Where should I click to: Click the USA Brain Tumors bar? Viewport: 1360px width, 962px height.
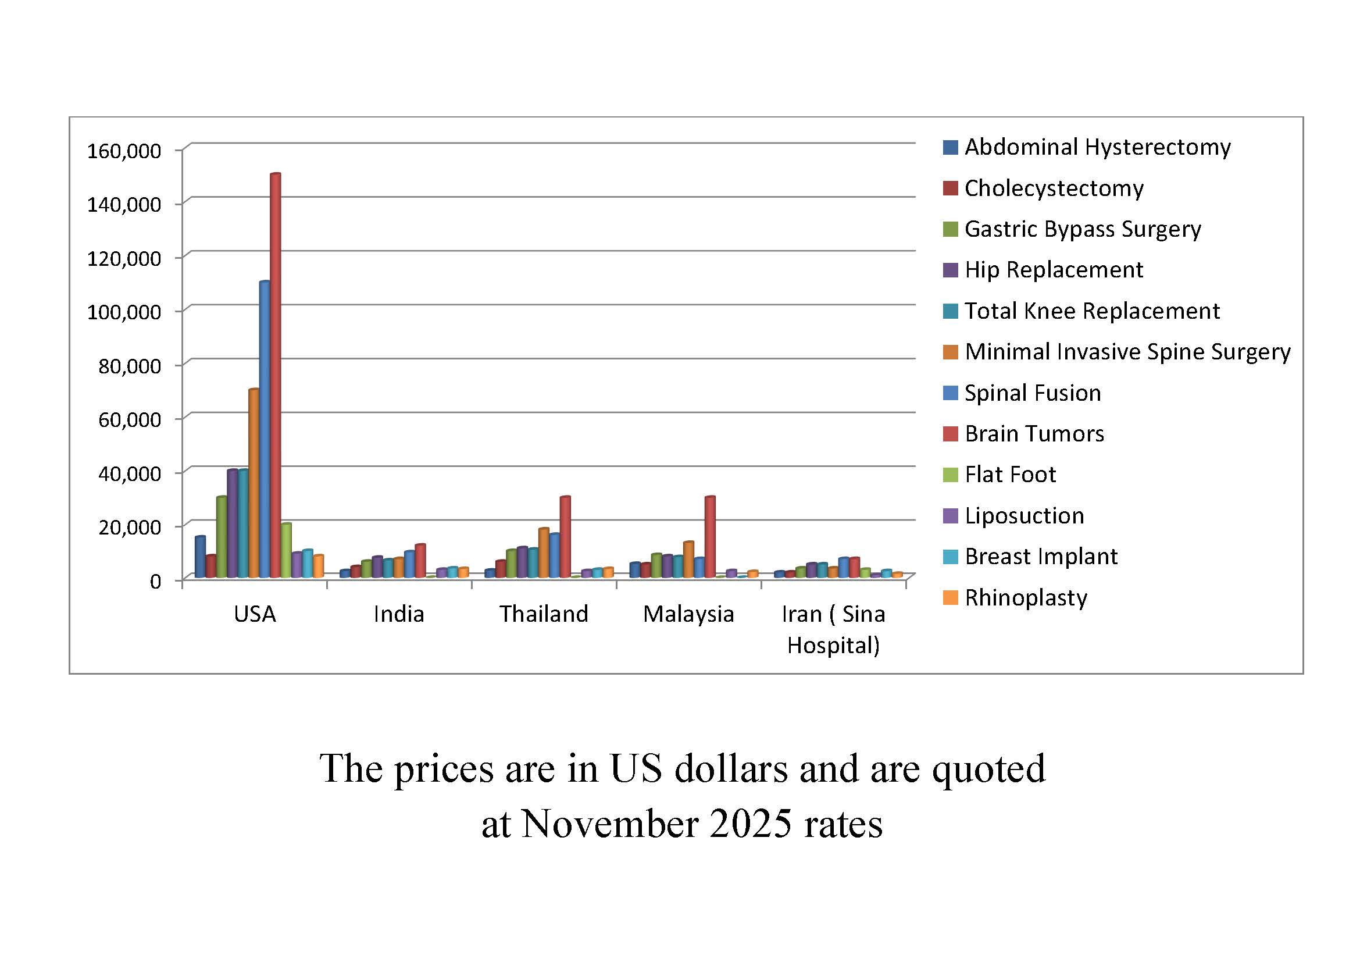pyautogui.click(x=276, y=373)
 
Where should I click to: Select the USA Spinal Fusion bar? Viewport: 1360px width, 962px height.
pyautogui.click(x=265, y=426)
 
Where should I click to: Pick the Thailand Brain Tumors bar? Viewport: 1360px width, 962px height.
pyautogui.click(x=565, y=536)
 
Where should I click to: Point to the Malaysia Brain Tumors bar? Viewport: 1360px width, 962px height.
pyautogui.click(x=709, y=536)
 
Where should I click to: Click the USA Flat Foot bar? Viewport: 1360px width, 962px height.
pyautogui.click(x=286, y=549)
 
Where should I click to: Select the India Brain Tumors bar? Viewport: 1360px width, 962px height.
pyautogui.click(x=420, y=560)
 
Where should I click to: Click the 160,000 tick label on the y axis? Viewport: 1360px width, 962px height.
pyautogui.click(x=124, y=151)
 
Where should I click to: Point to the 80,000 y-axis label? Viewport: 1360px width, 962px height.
pyautogui.click(x=130, y=366)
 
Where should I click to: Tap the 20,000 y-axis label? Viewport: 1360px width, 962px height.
pyautogui.click(x=130, y=527)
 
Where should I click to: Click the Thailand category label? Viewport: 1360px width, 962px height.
pyautogui.click(x=544, y=614)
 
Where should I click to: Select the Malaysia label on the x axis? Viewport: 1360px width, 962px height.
pyautogui.click(x=688, y=614)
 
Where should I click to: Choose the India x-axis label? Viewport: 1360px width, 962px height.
pyautogui.click(x=399, y=614)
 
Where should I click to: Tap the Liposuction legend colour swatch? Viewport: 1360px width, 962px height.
pyautogui.click(x=950, y=516)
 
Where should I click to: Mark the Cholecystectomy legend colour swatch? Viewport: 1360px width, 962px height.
pyautogui.click(x=950, y=188)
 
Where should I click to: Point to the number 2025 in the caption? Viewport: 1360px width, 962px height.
pyautogui.click(x=751, y=824)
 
